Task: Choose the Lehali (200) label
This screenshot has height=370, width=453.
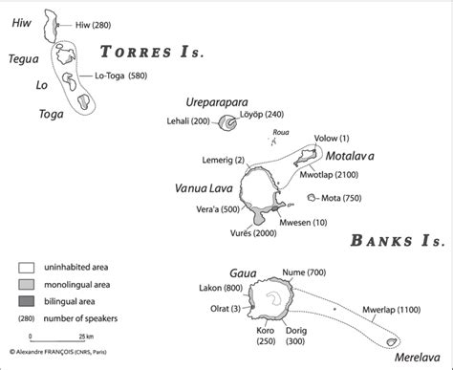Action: (x=188, y=121)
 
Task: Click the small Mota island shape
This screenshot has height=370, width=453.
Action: (x=313, y=198)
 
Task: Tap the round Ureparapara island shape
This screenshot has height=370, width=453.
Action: (x=227, y=122)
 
